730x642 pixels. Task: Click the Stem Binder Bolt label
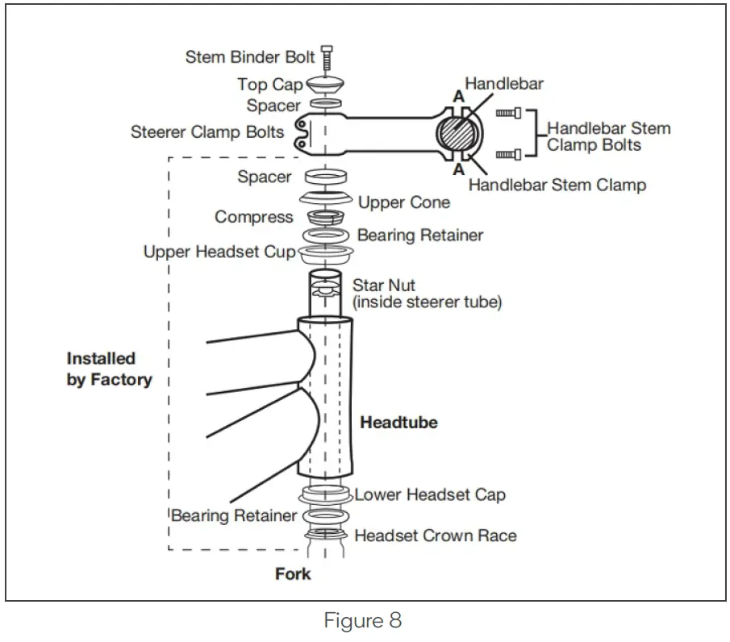point(250,57)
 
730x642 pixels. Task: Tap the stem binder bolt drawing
point(327,58)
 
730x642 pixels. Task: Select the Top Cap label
point(269,85)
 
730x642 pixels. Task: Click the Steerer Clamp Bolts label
point(207,131)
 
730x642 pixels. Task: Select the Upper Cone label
point(403,202)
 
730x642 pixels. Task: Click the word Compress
point(254,217)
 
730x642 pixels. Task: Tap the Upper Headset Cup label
point(219,252)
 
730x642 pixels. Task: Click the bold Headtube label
point(398,422)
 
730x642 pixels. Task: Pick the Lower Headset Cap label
point(430,494)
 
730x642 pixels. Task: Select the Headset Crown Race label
point(436,535)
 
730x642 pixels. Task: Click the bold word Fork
point(293,574)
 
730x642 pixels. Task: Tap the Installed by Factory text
point(108,369)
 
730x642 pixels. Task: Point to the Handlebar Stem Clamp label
point(557,186)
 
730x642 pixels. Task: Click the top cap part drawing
point(325,84)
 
